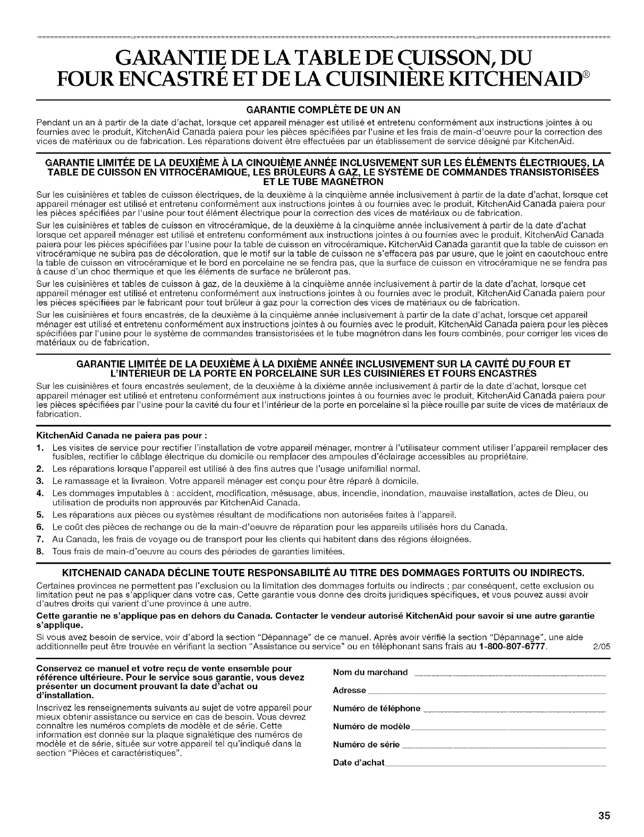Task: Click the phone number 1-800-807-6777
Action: click(514, 647)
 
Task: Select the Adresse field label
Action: click(349, 691)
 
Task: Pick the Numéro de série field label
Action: click(366, 744)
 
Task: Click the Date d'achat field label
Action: click(358, 763)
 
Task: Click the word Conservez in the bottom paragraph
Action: click(54, 668)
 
